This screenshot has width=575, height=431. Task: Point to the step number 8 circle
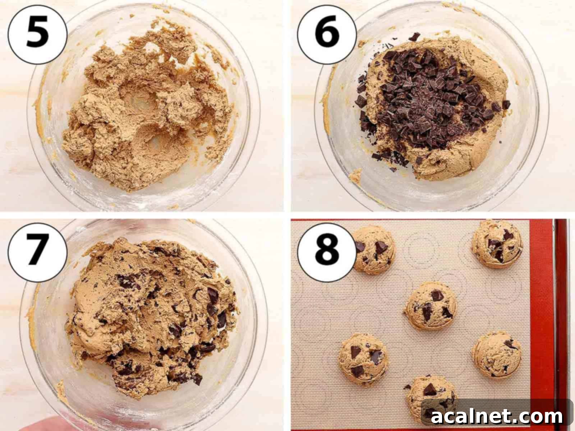(327, 250)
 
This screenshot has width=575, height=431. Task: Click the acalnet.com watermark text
(497, 417)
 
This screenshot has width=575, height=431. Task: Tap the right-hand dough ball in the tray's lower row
(497, 354)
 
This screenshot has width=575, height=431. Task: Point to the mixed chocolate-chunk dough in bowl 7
(151, 316)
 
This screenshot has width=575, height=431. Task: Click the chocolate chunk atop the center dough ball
(437, 296)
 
